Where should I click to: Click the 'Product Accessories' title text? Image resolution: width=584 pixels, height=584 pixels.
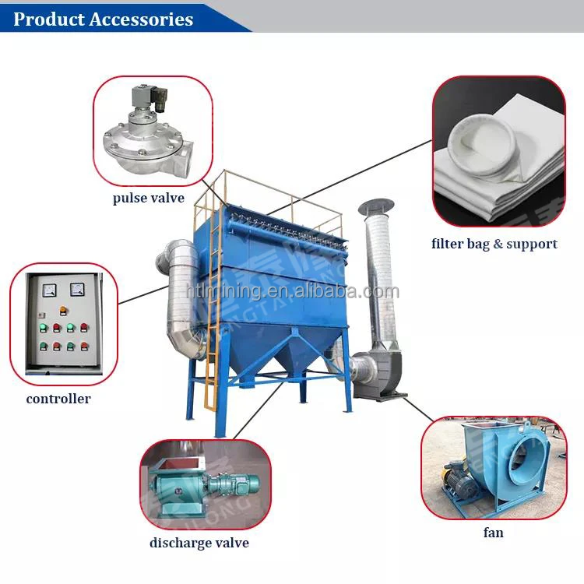[x=103, y=19]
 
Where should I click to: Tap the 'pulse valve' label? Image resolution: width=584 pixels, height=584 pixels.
[x=148, y=198]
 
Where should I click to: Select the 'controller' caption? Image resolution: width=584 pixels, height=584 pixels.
[x=58, y=399]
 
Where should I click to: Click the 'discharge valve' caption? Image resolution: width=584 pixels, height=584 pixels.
[x=199, y=543]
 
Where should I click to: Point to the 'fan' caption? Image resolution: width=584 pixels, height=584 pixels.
[x=493, y=533]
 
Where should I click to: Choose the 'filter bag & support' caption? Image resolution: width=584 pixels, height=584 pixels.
[x=494, y=244]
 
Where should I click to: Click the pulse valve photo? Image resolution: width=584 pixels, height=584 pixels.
[x=152, y=134]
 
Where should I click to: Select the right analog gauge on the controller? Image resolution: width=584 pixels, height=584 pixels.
[x=76, y=290]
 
